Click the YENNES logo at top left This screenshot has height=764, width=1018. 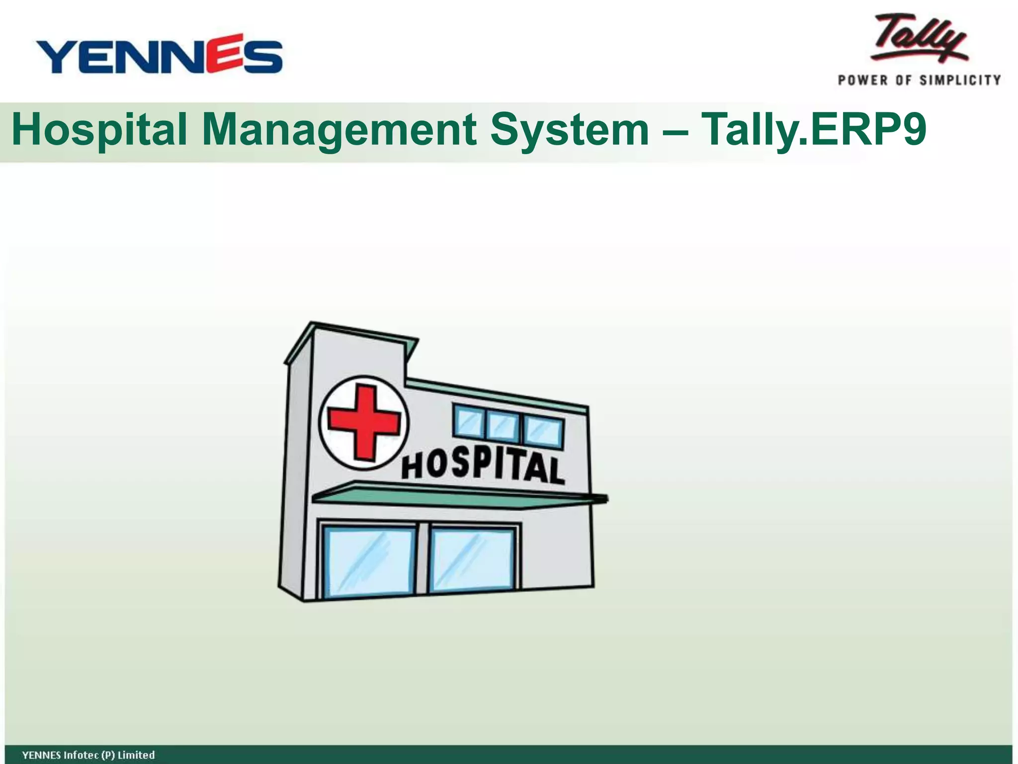[x=159, y=55]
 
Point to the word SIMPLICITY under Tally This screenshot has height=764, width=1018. [x=960, y=81]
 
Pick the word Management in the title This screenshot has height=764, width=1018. [x=339, y=130]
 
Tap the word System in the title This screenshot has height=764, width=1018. [x=569, y=130]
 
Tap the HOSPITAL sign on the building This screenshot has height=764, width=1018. [x=483, y=466]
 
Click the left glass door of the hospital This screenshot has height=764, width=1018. [x=369, y=561]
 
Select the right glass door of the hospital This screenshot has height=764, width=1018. [x=473, y=560]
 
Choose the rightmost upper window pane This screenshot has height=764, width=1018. [x=543, y=432]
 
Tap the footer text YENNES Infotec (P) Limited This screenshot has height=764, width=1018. [x=88, y=755]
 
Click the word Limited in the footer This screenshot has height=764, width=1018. [x=136, y=755]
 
